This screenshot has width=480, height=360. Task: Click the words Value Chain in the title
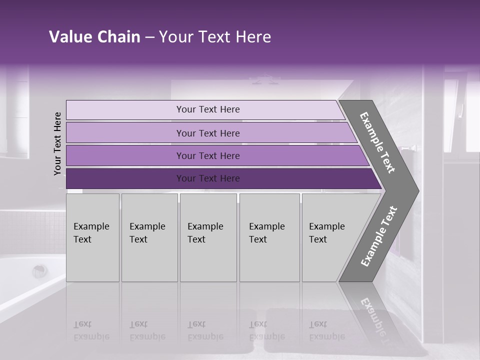point(94,37)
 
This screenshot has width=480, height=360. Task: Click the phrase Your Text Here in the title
point(215,37)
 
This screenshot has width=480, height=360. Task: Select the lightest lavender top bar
point(125,109)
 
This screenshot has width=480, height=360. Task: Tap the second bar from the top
point(125,133)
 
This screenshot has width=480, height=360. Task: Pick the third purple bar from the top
point(125,155)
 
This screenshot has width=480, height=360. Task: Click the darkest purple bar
point(125,178)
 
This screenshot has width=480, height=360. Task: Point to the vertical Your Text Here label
point(57,144)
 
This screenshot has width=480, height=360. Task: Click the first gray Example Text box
point(92,237)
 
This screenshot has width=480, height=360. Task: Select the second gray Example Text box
point(149,237)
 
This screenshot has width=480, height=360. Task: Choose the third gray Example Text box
point(207,237)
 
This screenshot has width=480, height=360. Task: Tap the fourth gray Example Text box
point(269,237)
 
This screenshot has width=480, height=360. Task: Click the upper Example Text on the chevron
point(377,142)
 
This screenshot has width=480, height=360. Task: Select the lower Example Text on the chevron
point(378,236)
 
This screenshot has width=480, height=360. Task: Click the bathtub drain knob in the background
point(40,271)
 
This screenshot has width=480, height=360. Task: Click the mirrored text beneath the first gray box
point(91,330)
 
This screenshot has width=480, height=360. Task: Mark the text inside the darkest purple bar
point(208,178)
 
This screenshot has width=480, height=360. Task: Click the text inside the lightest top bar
point(208,109)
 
